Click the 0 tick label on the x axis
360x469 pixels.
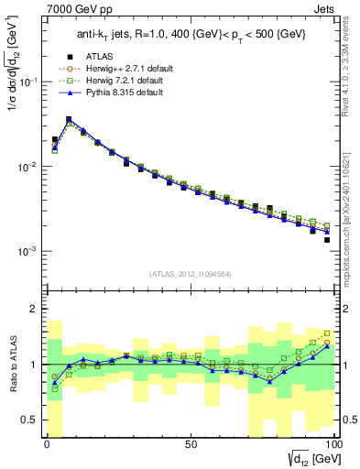coord(47,444)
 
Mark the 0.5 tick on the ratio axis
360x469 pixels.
coord(34,420)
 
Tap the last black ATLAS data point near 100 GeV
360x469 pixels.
coord(327,240)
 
